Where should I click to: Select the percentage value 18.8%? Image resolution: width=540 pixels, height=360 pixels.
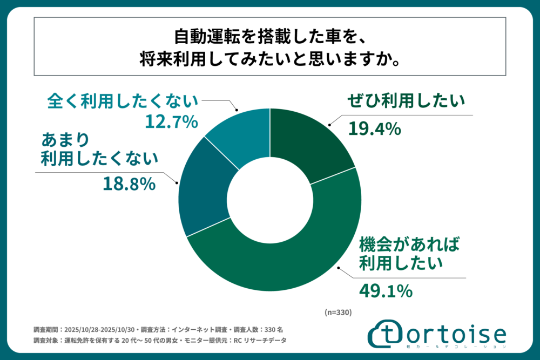(129, 185)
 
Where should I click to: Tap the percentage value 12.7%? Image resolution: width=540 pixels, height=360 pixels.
(171, 123)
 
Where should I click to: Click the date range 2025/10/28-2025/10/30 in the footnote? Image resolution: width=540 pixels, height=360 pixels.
(99, 329)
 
